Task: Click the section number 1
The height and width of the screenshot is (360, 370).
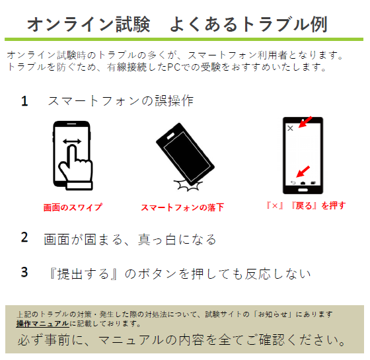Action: [x=24, y=101]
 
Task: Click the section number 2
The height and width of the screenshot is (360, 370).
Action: [x=24, y=237]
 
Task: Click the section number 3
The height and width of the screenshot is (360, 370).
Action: [x=24, y=272]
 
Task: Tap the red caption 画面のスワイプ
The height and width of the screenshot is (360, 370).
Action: [x=73, y=207]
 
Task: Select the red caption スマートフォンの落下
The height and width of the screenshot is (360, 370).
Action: [x=182, y=207]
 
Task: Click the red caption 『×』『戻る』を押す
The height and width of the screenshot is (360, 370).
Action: [x=306, y=205]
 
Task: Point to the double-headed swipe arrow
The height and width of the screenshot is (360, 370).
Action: [x=72, y=142]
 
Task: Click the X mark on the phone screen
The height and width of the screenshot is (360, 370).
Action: [x=290, y=128]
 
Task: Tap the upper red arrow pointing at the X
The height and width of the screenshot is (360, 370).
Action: [x=305, y=122]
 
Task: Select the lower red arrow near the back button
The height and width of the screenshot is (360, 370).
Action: [x=303, y=172]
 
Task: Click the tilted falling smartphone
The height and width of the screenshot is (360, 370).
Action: [x=185, y=154]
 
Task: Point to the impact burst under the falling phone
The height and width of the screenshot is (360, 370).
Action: [x=188, y=186]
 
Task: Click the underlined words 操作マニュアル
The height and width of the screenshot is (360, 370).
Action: [x=43, y=324]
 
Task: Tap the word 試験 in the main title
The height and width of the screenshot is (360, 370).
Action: [x=133, y=24]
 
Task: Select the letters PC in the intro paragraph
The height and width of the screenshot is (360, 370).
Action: [x=174, y=67]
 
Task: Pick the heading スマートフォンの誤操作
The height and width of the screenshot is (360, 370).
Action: [x=120, y=101]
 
